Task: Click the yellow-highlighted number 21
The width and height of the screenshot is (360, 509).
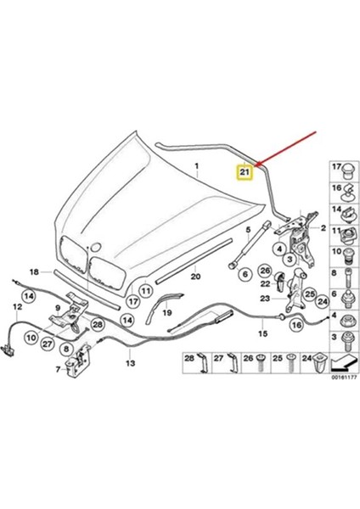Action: tap(245, 172)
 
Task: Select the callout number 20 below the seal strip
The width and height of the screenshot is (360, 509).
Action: tap(194, 277)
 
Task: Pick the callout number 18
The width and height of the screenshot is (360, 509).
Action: tap(35, 271)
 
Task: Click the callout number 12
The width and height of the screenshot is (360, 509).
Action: tap(15, 305)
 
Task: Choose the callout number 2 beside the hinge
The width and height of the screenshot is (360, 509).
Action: tap(323, 228)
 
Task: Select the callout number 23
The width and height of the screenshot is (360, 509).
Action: tap(264, 299)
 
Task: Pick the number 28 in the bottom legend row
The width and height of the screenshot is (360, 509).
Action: tap(189, 359)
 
